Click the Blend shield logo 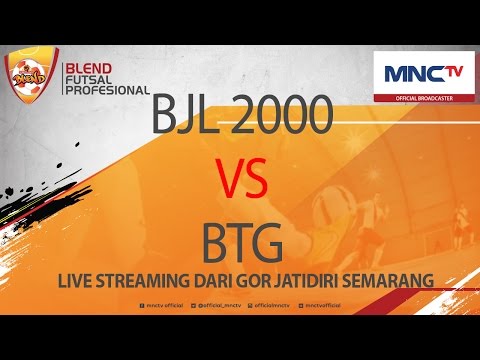[x=29, y=76]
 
